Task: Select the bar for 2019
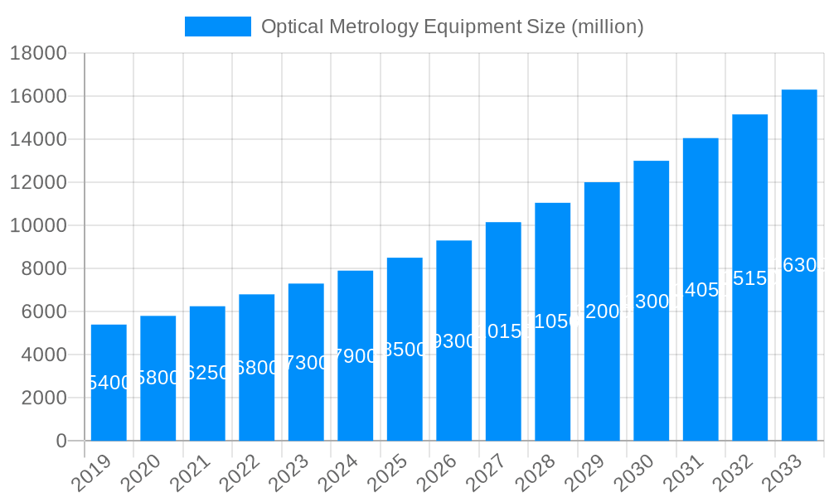(109, 383)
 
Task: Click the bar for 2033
(799, 265)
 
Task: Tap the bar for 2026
(453, 340)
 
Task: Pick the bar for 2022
(257, 367)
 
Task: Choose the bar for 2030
(651, 301)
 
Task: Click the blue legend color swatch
(217, 27)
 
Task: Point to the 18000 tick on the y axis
(38, 54)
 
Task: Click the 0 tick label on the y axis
(61, 442)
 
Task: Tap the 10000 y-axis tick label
(38, 226)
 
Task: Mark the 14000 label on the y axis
(38, 140)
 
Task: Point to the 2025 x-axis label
(389, 474)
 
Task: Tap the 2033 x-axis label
(783, 474)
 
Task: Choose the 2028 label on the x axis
(537, 474)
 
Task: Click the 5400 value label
(109, 383)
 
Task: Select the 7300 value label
(306, 363)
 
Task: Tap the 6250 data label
(207, 373)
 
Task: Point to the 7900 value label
(355, 356)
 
